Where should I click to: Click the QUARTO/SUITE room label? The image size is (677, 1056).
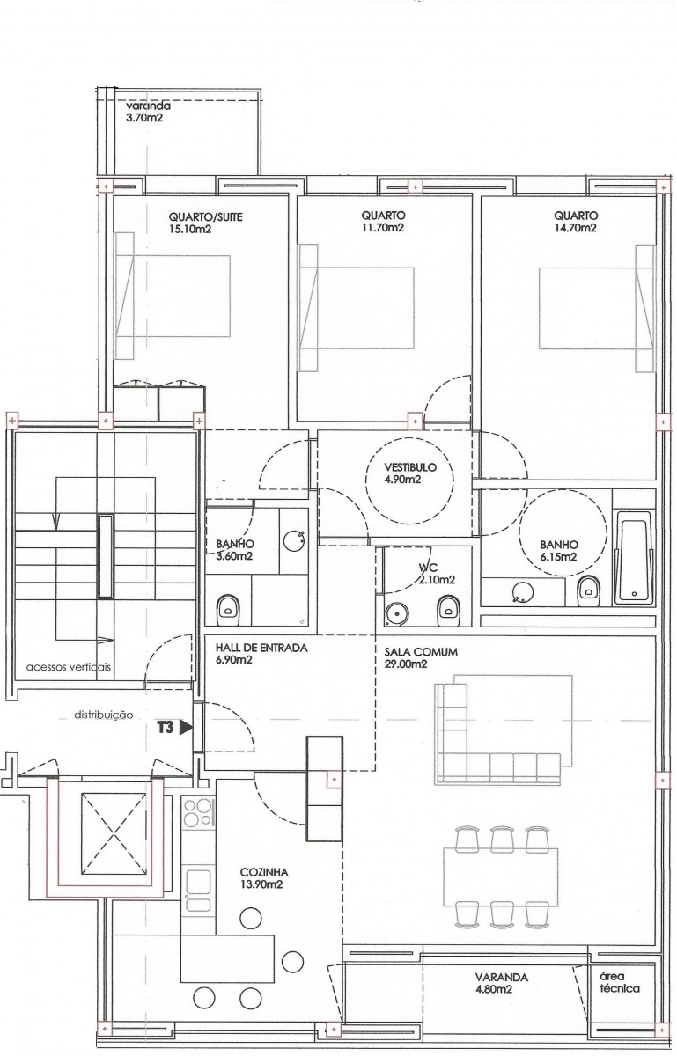coord(206,217)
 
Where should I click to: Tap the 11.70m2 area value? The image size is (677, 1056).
coord(383,228)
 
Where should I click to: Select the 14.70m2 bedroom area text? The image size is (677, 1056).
coord(575,228)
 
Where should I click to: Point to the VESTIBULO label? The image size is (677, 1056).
coord(410,467)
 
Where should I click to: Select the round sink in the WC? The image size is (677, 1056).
coord(396,613)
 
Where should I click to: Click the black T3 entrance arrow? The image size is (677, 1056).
coord(187,728)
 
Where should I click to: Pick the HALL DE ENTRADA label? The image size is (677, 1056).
coord(261,648)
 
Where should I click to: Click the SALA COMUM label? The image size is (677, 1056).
coord(421,652)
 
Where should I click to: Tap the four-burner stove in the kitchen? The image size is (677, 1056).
coord(198,813)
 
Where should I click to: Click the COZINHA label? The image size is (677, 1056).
coord(264,873)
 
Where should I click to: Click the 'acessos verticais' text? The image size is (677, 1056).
coord(69,667)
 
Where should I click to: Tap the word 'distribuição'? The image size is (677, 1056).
coord(104,715)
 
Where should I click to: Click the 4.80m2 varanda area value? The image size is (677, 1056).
coord(495,989)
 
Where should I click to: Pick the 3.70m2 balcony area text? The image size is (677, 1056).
coord(143,118)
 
